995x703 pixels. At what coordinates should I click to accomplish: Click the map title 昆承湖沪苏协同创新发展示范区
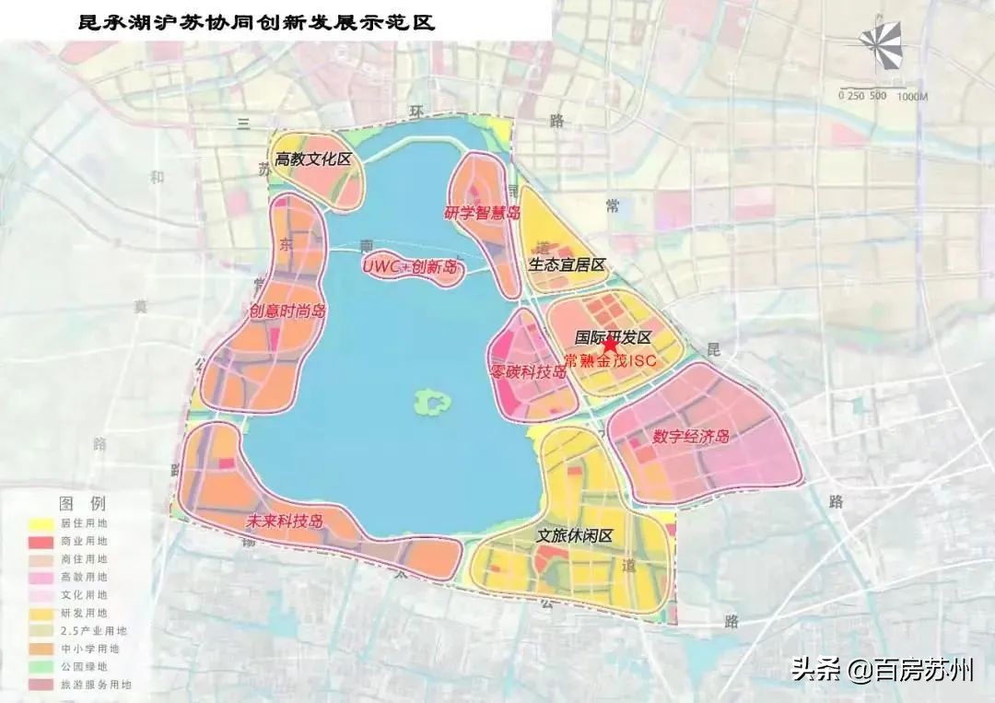[x=255, y=22]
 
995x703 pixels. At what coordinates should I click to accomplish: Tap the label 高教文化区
[x=313, y=159]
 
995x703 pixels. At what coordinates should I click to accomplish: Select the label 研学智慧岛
[x=482, y=214]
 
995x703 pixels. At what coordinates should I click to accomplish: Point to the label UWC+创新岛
[x=409, y=266]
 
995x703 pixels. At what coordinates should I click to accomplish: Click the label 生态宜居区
[x=567, y=265]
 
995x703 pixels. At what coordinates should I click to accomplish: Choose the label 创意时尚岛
[x=287, y=311]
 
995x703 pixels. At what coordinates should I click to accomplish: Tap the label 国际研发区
[x=613, y=338]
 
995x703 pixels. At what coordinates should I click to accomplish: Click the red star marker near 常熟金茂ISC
[x=609, y=346]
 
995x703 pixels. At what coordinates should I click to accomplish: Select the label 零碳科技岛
[x=528, y=371]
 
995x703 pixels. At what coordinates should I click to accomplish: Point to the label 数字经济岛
[x=691, y=436]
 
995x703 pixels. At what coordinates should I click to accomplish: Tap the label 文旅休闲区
[x=575, y=536]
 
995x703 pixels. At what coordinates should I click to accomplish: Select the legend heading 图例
[x=82, y=504]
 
